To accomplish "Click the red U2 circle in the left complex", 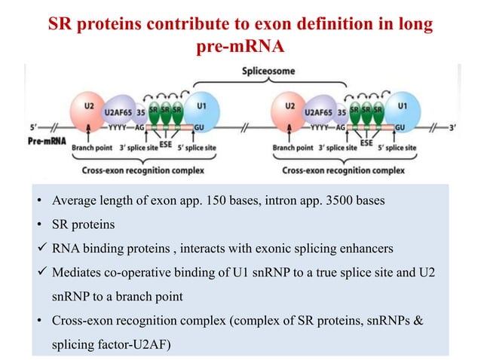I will (x=90, y=111).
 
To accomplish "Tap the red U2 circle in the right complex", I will (x=290, y=111).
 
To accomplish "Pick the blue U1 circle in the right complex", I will (x=400, y=111).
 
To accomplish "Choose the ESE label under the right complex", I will (x=366, y=142).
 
